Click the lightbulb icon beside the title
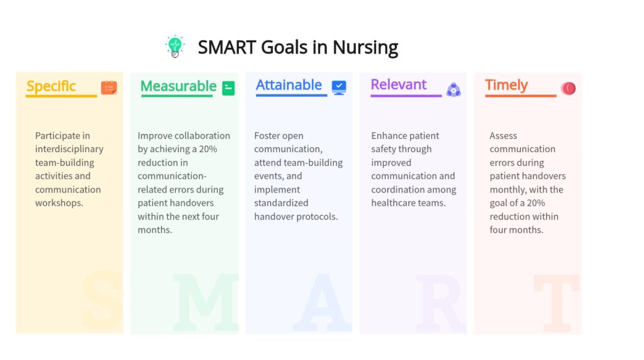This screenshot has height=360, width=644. [x=175, y=46]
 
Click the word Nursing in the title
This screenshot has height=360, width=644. [x=365, y=48]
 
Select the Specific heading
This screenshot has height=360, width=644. [x=51, y=86]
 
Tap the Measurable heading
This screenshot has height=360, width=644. [x=178, y=86]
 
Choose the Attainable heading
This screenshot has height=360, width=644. [x=289, y=85]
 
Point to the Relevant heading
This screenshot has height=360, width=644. [x=398, y=84]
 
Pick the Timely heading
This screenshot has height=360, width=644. [x=506, y=85]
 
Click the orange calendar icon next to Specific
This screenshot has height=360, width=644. [x=109, y=87]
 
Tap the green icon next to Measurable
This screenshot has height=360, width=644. [x=228, y=88]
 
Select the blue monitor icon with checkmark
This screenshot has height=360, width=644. [x=339, y=87]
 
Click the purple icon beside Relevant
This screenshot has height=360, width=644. [x=453, y=89]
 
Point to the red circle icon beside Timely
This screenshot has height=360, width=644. [x=569, y=88]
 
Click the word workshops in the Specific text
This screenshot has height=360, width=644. [x=59, y=203]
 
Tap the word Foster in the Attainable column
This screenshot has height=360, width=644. [x=267, y=135]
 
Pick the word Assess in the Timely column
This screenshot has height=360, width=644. [x=503, y=135]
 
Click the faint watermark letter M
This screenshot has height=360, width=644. [x=206, y=302]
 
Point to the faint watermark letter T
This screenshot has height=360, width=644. [x=557, y=303]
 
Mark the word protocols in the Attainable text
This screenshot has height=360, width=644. [x=318, y=217]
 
